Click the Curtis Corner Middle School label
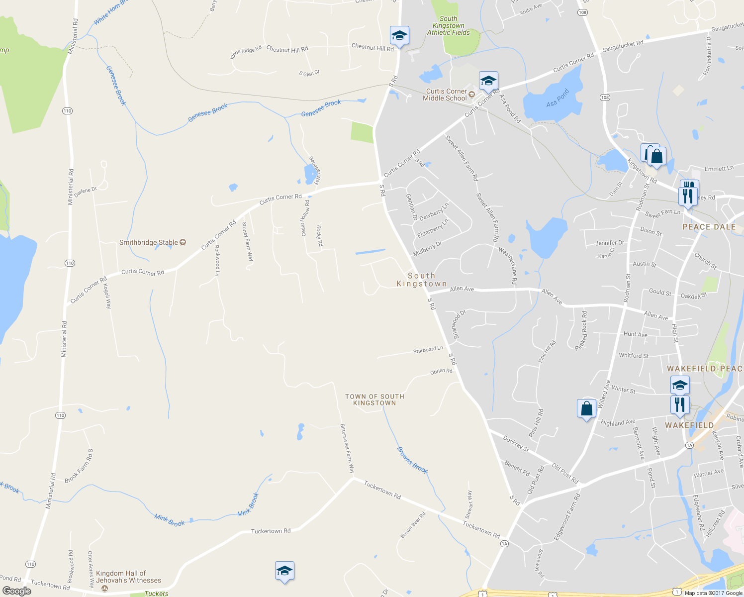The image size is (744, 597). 445,95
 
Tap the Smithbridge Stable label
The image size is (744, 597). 149,242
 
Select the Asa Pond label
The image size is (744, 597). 558,98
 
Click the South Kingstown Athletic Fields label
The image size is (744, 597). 448,25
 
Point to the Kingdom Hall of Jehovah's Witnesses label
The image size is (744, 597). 128,577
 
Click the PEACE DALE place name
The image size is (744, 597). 709,227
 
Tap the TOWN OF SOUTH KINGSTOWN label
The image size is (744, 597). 374,399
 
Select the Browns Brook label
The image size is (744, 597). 412,460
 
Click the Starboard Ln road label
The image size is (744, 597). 428,350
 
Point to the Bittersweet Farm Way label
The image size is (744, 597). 347,448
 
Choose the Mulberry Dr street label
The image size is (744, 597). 427,248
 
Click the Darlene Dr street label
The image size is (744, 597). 86,192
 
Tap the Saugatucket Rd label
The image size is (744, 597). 623,46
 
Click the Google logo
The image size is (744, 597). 16,591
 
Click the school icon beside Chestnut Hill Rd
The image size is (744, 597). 399,36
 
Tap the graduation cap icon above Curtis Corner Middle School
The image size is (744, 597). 488,81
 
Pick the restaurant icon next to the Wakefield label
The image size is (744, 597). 679,405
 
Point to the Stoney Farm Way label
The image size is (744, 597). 247,241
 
